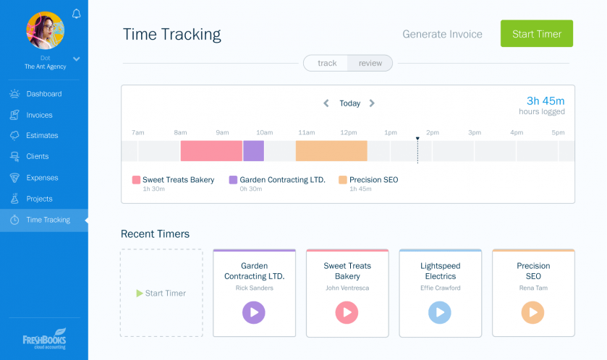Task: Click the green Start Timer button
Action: (536, 34)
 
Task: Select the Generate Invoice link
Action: (442, 34)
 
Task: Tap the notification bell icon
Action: (77, 14)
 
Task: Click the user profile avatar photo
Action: (45, 30)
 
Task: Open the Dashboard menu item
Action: (43, 94)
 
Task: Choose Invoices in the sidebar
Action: (39, 115)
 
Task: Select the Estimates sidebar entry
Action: (42, 135)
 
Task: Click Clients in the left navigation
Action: (38, 156)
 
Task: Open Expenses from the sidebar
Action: (42, 178)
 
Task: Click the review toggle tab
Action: (370, 63)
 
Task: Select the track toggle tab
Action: (327, 63)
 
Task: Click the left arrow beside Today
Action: (326, 103)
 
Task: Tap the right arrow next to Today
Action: (372, 103)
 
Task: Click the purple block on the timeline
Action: (253, 151)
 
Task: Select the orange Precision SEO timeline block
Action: (331, 151)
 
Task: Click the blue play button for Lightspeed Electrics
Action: (440, 312)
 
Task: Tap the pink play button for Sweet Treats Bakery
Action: (347, 312)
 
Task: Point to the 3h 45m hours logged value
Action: (546, 100)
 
